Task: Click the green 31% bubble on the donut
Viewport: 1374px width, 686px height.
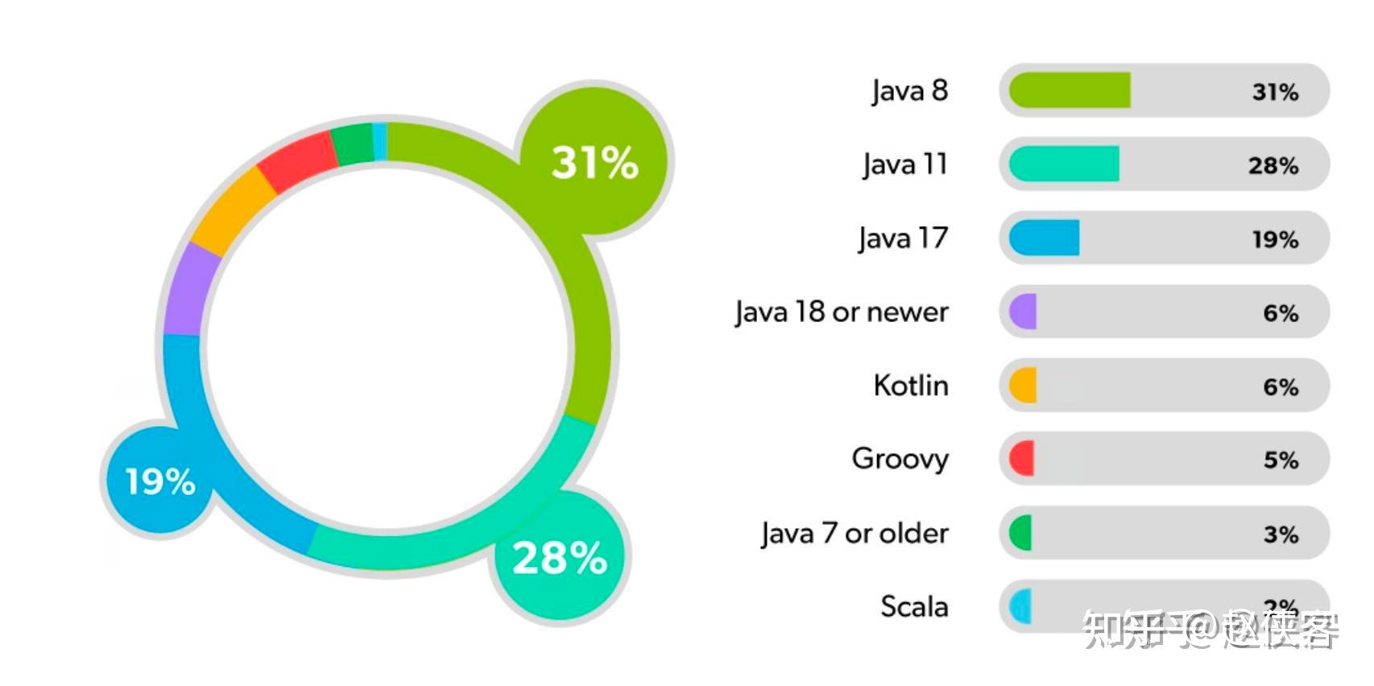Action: (x=594, y=161)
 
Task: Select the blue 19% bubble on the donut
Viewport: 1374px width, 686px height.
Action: (x=160, y=481)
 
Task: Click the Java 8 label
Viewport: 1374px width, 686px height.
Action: (x=909, y=91)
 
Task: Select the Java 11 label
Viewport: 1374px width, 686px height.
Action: (x=904, y=165)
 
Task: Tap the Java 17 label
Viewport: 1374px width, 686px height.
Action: (x=903, y=239)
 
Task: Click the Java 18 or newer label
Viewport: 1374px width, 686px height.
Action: (x=842, y=312)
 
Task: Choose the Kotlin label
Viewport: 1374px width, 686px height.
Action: (x=911, y=386)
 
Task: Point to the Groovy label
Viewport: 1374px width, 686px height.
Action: (x=900, y=460)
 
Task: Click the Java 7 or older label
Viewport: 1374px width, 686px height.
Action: (x=855, y=534)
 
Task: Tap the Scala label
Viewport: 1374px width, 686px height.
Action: (x=914, y=607)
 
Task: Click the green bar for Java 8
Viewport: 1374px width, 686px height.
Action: (x=1070, y=90)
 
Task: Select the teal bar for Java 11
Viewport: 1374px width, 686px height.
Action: (x=1064, y=164)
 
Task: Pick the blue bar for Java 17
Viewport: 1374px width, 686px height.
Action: (x=1045, y=238)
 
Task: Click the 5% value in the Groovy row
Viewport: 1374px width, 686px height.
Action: (x=1281, y=461)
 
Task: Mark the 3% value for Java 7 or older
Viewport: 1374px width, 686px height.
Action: (x=1281, y=535)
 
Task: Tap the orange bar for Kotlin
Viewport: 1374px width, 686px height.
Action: (x=1024, y=386)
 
